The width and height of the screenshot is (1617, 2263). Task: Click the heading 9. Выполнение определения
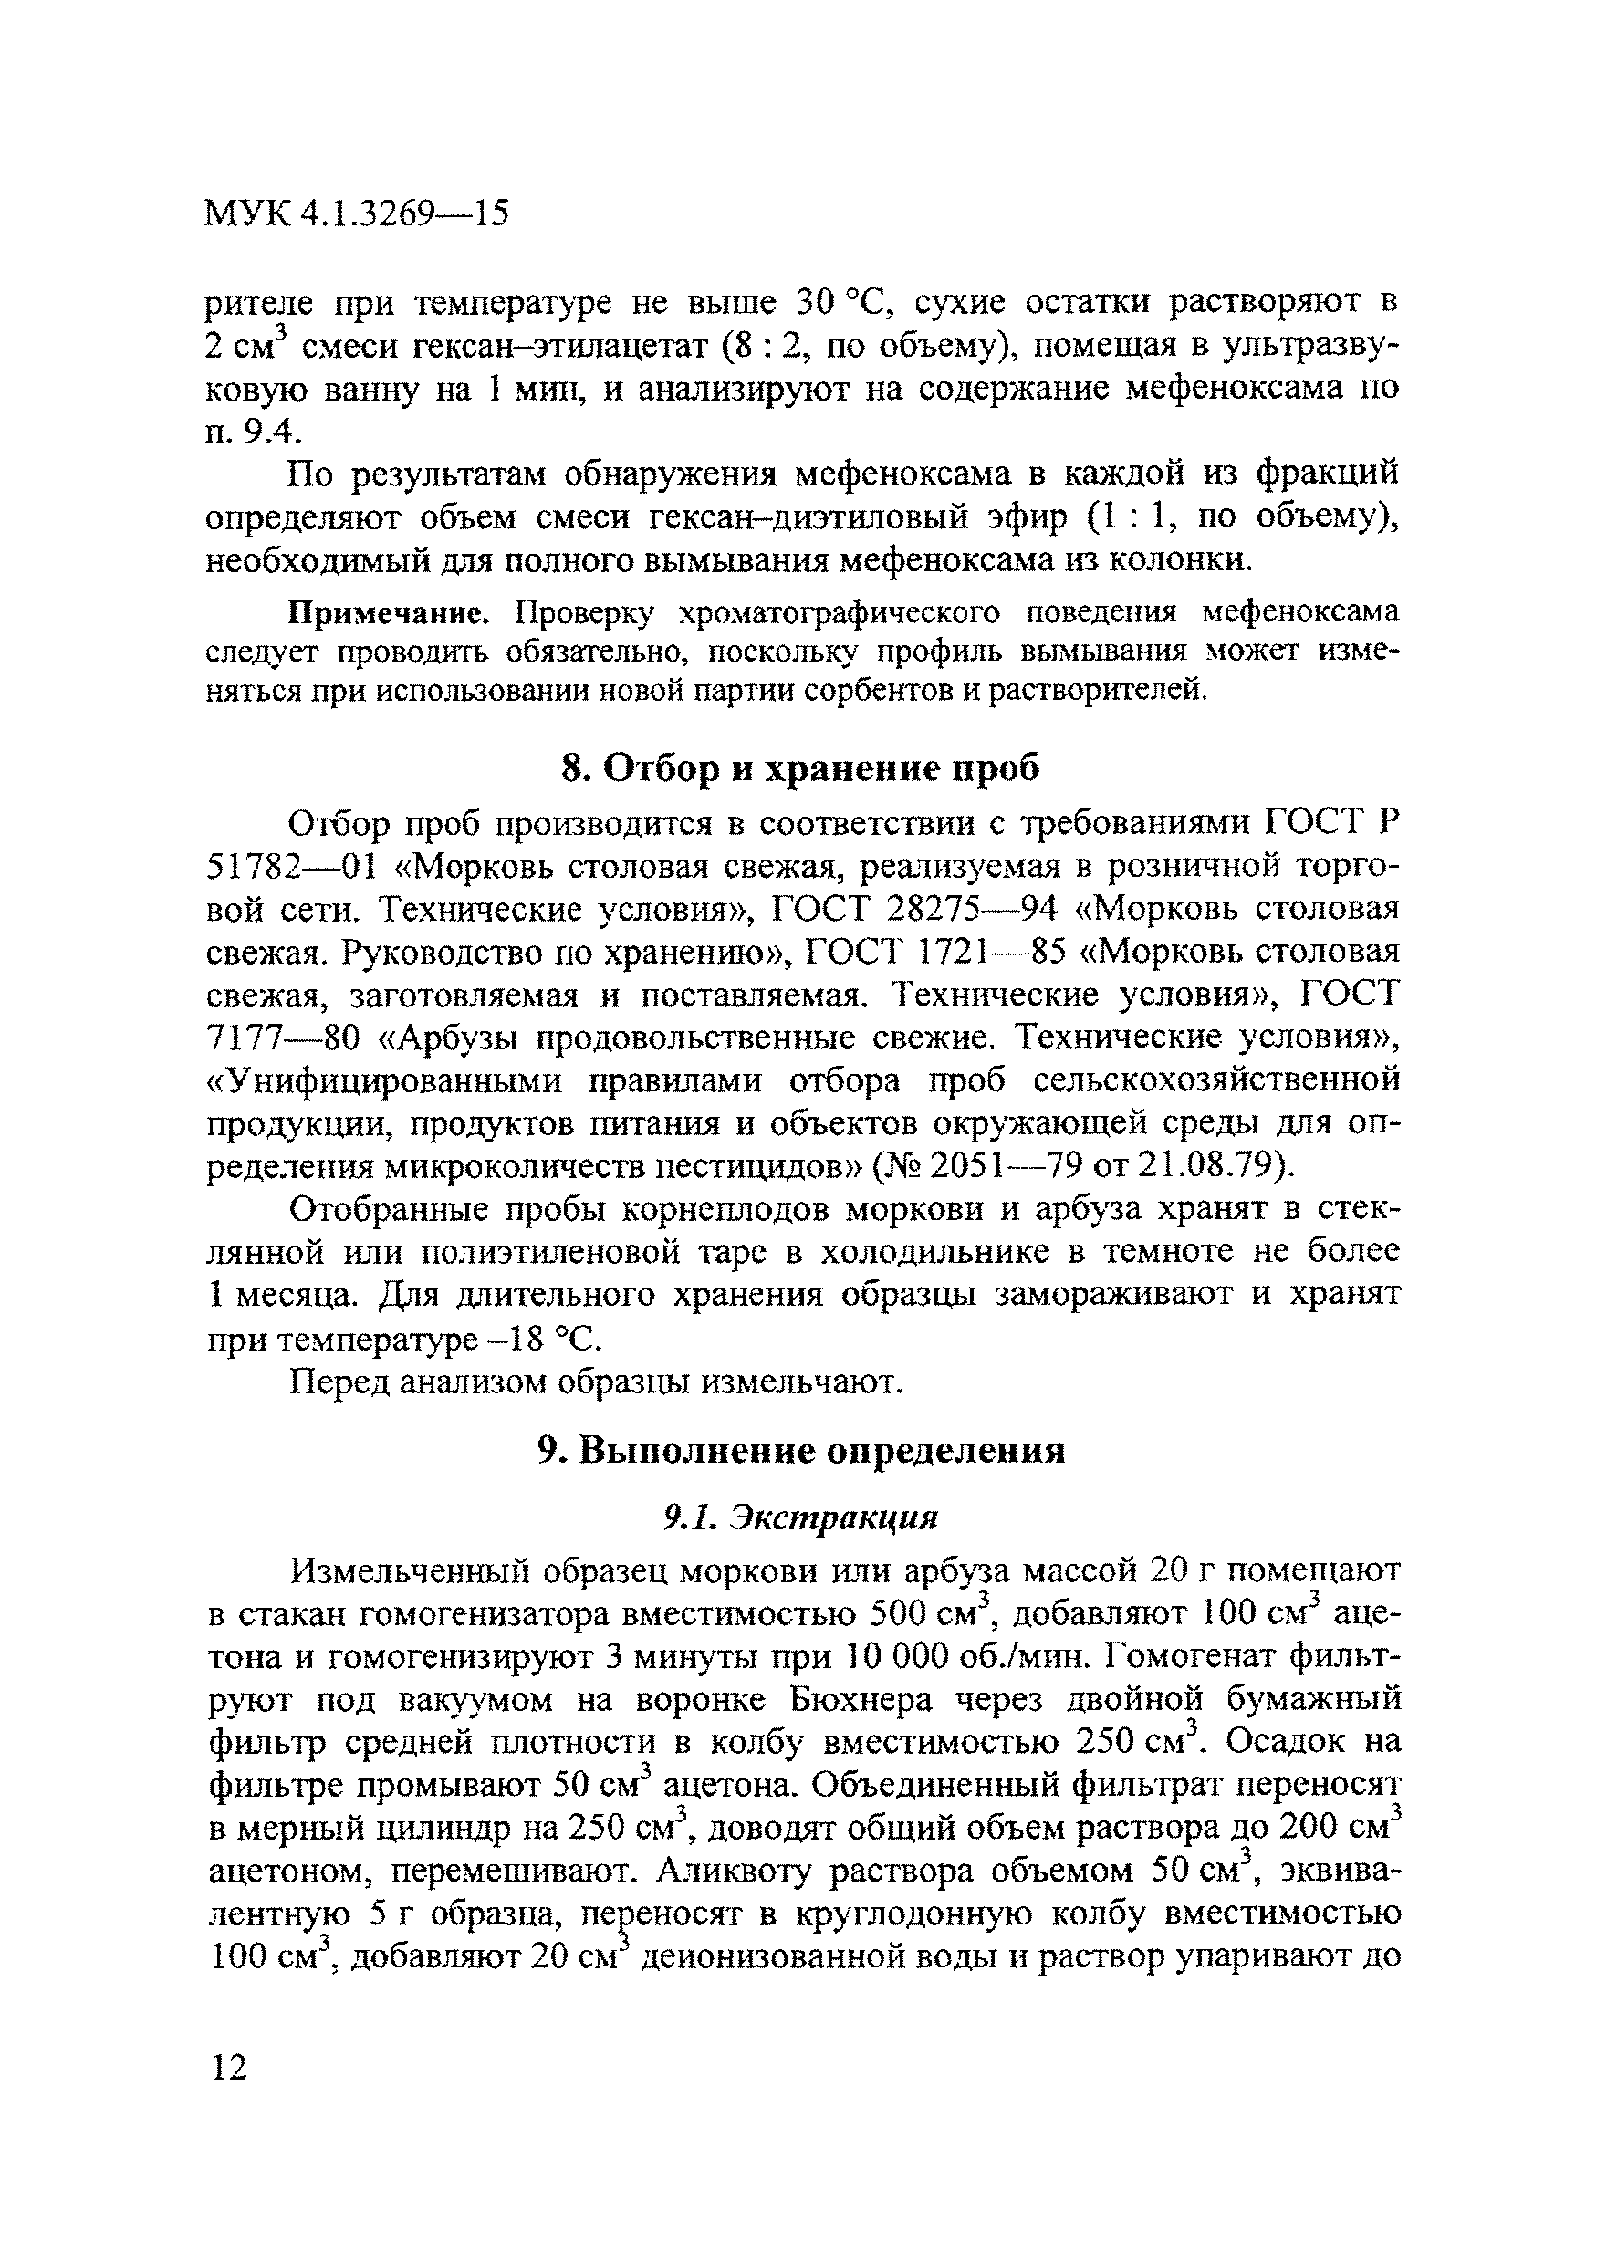coord(801,1451)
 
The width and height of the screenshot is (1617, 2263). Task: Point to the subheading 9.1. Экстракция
coord(801,1517)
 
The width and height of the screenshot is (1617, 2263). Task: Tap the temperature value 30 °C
coord(838,302)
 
